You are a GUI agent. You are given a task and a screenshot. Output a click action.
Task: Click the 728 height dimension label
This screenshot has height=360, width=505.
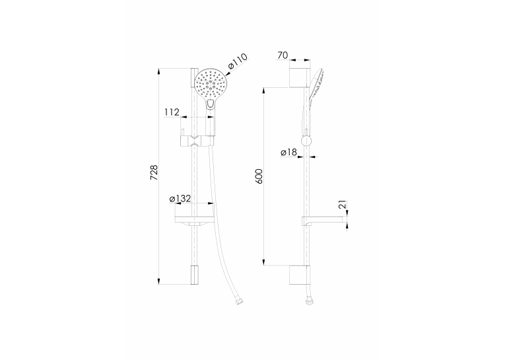pos(155,172)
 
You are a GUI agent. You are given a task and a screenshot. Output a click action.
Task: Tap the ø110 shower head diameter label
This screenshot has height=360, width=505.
pos(238,61)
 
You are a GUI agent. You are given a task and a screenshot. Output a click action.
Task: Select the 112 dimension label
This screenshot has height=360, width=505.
pos(172,112)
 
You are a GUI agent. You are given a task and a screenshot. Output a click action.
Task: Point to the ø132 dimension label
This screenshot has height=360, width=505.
pos(180,199)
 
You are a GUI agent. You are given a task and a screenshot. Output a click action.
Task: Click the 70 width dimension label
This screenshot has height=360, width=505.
pos(283,55)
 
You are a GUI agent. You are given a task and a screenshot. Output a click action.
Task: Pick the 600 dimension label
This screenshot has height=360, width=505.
pos(259,176)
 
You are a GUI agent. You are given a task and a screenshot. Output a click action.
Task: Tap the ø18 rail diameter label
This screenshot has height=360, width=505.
pos(288,152)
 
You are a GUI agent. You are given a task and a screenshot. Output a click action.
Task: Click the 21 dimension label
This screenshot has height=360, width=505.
pos(343,204)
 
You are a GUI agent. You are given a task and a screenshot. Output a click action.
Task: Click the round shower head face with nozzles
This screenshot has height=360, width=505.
pos(211,84)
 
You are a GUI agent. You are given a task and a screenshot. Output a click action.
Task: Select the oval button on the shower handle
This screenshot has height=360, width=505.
pos(211,104)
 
